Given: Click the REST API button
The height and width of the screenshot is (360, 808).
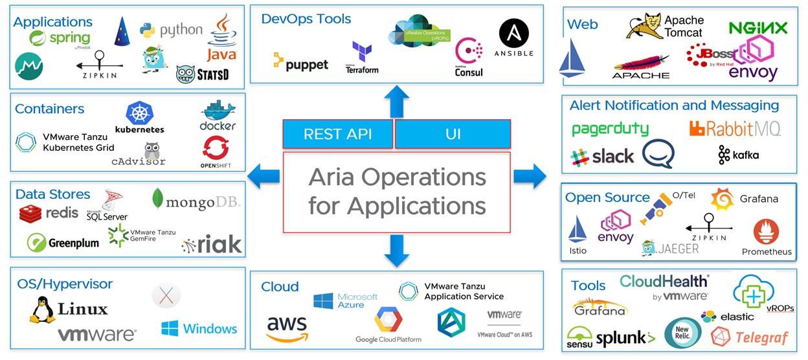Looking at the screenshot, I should (337, 135).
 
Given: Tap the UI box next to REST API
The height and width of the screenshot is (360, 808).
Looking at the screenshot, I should (453, 135).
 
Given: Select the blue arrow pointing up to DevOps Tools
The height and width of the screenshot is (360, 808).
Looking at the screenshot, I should (396, 101).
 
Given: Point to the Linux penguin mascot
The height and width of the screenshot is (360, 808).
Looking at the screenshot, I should (43, 310).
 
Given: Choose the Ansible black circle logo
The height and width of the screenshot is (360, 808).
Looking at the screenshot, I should (514, 33).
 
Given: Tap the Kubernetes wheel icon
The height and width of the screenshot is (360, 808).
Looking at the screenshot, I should (139, 113).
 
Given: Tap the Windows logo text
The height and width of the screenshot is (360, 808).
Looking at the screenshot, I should (199, 328).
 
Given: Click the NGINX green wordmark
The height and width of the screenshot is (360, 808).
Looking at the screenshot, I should (757, 28).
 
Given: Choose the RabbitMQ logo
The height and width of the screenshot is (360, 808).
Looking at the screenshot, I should (735, 129).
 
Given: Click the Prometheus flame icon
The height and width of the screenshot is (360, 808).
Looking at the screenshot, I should (766, 231).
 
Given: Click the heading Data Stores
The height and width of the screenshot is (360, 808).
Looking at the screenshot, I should (52, 194).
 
